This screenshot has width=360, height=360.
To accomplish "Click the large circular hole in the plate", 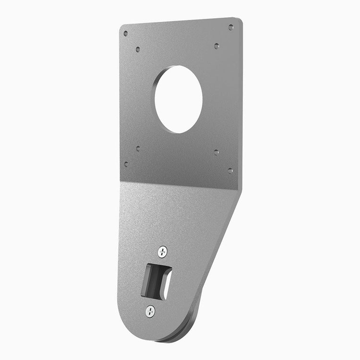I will click(x=179, y=99).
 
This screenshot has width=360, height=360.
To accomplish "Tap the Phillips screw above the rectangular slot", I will click(x=163, y=251).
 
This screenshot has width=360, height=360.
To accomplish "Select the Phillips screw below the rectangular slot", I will click(x=150, y=311).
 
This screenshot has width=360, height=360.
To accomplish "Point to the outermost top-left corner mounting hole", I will click(x=126, y=34).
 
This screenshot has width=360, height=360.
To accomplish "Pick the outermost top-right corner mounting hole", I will click(x=231, y=27).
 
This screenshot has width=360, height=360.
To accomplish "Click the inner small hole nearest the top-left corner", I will click(x=138, y=49).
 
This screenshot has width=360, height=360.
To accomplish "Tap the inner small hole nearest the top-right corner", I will click(x=216, y=46).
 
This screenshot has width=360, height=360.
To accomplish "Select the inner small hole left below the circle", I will click(x=138, y=149).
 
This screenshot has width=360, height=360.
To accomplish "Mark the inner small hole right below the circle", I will click(x=216, y=152).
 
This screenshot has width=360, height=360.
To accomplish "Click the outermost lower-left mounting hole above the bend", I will click(x=126, y=164).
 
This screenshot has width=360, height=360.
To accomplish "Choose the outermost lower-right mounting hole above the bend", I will click(x=230, y=170).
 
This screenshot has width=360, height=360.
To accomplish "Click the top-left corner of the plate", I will click(x=120, y=26).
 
